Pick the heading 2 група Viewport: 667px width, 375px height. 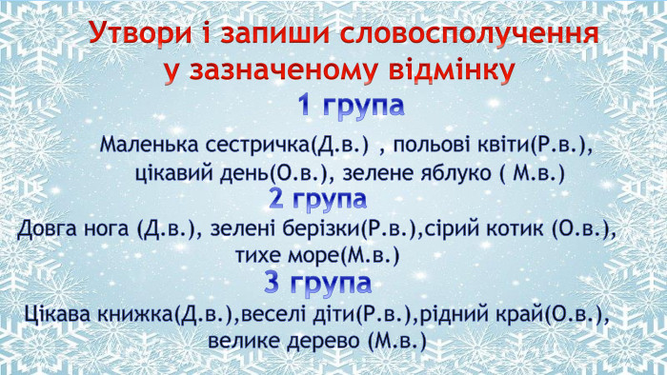317,199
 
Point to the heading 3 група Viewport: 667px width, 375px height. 317,284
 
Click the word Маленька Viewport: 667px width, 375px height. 148,147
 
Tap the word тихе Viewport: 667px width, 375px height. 259,256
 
